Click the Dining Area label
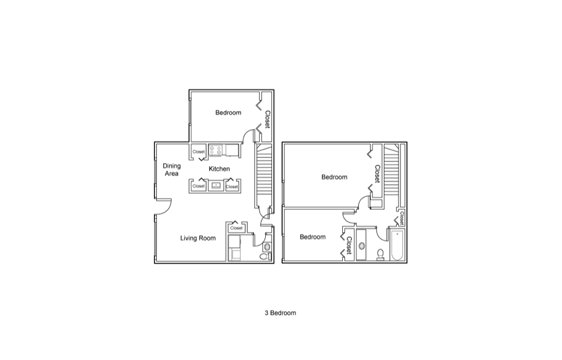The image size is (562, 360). (x=171, y=170)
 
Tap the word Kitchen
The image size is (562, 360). (x=219, y=169)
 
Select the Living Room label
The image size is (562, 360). (x=198, y=238)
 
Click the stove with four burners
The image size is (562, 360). (x=215, y=150)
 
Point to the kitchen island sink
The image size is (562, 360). (x=216, y=185)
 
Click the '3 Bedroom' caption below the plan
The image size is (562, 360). (x=280, y=313)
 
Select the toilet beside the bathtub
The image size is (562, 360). (x=380, y=254)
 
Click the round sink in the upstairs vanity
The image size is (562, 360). (x=361, y=246)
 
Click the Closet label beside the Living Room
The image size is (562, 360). (x=236, y=228)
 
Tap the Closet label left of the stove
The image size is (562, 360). (x=198, y=151)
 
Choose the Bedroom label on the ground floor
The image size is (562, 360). (x=228, y=112)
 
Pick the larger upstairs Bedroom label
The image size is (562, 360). (x=334, y=177)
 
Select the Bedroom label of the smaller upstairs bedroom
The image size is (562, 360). (x=312, y=237)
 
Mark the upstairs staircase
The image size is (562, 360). (x=392, y=169)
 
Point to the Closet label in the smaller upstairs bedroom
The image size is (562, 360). (x=349, y=245)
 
